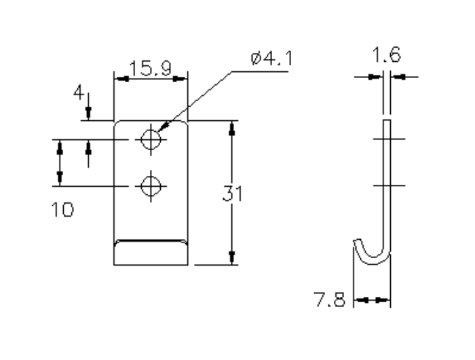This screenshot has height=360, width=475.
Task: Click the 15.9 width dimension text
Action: coord(150,68)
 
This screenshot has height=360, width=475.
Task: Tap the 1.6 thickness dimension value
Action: coord(386,56)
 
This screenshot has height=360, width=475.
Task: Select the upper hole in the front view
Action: coord(150,140)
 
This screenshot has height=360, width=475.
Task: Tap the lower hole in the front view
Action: coord(150,185)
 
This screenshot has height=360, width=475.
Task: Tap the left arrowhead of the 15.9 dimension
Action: coord(120,79)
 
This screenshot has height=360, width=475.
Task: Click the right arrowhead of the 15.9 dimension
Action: coord(180,79)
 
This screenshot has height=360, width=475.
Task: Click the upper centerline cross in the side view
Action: coord(387,140)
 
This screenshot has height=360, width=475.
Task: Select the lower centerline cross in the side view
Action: coord(387,185)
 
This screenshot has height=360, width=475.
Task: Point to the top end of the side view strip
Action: coord(387,122)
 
